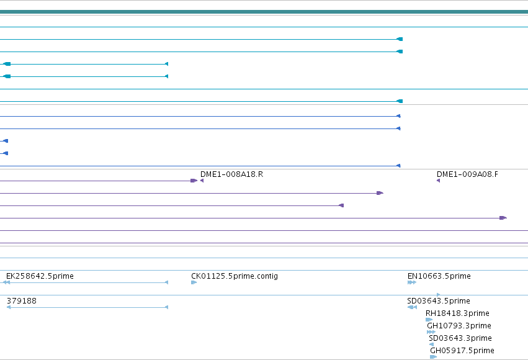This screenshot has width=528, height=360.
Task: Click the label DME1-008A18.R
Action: click(x=231, y=174)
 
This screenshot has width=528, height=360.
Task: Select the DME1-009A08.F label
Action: click(x=467, y=174)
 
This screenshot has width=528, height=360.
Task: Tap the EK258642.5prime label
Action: click(x=40, y=276)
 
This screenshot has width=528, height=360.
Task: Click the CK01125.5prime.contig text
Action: click(x=235, y=276)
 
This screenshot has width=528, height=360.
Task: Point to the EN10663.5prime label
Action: click(x=439, y=276)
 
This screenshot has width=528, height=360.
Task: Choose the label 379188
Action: click(x=22, y=301)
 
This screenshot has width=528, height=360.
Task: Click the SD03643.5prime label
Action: click(x=439, y=301)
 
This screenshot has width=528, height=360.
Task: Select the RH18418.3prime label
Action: click(x=457, y=313)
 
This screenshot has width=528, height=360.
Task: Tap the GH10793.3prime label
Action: click(x=459, y=326)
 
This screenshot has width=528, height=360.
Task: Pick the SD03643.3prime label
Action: click(x=460, y=338)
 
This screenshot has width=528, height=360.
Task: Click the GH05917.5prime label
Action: click(x=462, y=351)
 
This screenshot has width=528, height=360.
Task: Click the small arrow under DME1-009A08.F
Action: click(x=438, y=181)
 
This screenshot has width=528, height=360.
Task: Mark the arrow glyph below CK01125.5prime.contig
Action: click(x=194, y=282)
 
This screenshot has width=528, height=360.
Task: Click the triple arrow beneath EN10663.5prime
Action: click(x=412, y=282)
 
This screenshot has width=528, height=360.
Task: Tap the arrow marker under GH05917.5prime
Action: click(x=433, y=357)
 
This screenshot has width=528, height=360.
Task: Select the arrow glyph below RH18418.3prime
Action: click(x=429, y=320)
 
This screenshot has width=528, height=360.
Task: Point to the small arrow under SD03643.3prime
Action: click(x=431, y=344)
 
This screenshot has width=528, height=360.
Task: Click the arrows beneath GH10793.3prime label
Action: click(x=431, y=332)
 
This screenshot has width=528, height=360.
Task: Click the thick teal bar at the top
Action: click(x=264, y=12)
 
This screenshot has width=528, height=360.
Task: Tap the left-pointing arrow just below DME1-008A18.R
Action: click(x=202, y=181)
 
